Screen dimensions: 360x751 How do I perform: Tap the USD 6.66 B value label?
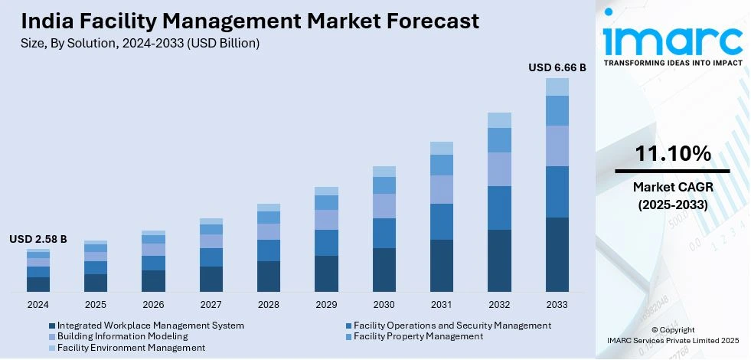(x=557, y=67)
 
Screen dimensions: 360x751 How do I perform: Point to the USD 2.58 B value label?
(x=38, y=239)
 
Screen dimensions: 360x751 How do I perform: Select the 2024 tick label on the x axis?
(x=38, y=304)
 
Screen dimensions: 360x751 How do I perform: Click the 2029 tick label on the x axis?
(x=327, y=304)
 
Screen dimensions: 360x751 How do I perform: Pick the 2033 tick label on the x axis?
(x=557, y=304)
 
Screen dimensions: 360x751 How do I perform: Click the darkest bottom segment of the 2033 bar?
(x=557, y=254)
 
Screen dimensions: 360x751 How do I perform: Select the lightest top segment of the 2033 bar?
(x=557, y=87)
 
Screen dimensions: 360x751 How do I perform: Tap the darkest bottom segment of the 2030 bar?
(x=384, y=270)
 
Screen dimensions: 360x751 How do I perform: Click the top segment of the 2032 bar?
(x=499, y=120)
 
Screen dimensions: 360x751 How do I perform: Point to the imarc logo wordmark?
(x=672, y=37)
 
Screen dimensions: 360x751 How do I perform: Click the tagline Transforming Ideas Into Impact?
(x=672, y=64)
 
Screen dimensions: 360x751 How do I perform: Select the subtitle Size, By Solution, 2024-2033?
(x=140, y=44)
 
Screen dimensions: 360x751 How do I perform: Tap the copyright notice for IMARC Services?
(x=672, y=335)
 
